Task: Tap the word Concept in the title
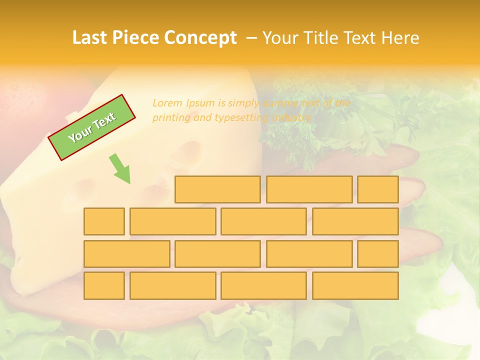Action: point(200,38)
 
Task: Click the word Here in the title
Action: point(400,38)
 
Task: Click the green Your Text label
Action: point(91,127)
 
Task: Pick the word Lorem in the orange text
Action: point(167,103)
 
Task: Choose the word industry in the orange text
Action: point(291,118)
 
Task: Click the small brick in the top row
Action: point(378,189)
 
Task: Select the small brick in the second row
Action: point(104,221)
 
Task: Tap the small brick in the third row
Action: point(378,254)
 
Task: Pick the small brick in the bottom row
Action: point(104,286)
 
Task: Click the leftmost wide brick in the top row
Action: point(217,189)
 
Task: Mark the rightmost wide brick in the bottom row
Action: point(355,286)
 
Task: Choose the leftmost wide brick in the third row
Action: point(126,254)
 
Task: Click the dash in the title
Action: point(252,38)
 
